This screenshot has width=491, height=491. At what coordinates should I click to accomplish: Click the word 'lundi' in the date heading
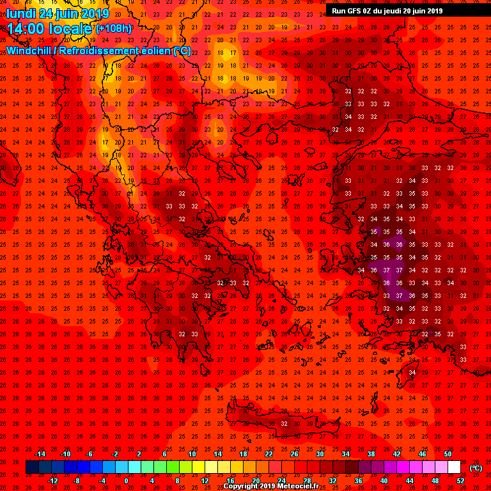20,13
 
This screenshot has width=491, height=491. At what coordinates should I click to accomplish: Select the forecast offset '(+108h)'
114,28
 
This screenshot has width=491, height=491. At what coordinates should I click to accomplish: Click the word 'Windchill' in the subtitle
29,51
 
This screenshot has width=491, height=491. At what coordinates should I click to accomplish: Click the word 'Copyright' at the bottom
241,486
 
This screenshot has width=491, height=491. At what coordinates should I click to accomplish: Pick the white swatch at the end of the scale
454,467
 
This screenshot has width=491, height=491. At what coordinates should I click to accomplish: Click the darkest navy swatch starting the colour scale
31,467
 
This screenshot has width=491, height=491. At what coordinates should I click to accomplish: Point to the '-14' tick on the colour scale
40,454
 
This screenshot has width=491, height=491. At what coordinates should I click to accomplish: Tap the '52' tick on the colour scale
461,481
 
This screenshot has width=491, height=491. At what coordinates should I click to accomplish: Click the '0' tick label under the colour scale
126,481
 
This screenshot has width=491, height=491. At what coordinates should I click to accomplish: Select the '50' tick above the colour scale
448,454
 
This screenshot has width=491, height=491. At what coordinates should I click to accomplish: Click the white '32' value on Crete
284,423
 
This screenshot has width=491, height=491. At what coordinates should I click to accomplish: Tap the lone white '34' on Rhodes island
412,372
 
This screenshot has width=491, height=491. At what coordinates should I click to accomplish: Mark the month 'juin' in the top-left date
68,13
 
